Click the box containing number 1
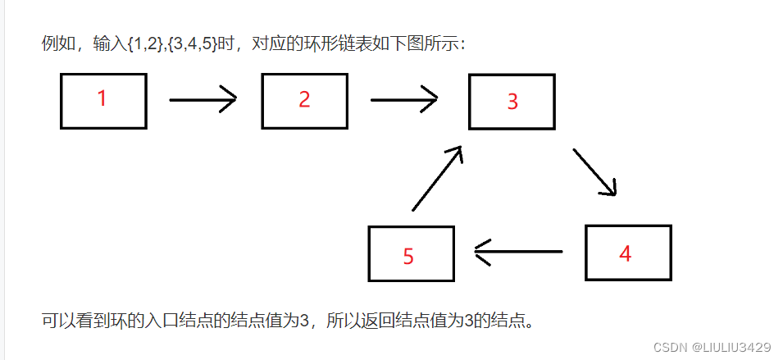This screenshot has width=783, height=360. (x=103, y=101)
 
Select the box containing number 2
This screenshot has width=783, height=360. (x=305, y=101)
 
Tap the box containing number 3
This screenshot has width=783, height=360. (x=512, y=102)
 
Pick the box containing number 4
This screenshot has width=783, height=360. (x=628, y=253)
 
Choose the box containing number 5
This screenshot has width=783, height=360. (x=411, y=253)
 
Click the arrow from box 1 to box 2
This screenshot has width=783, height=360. (x=203, y=100)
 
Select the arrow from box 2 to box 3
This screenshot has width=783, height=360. (x=403, y=101)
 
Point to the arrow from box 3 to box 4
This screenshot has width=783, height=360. (x=595, y=171)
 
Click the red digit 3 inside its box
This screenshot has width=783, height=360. (x=512, y=102)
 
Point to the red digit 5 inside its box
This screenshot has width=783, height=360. (x=408, y=256)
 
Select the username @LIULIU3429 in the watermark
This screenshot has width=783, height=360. (x=731, y=348)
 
